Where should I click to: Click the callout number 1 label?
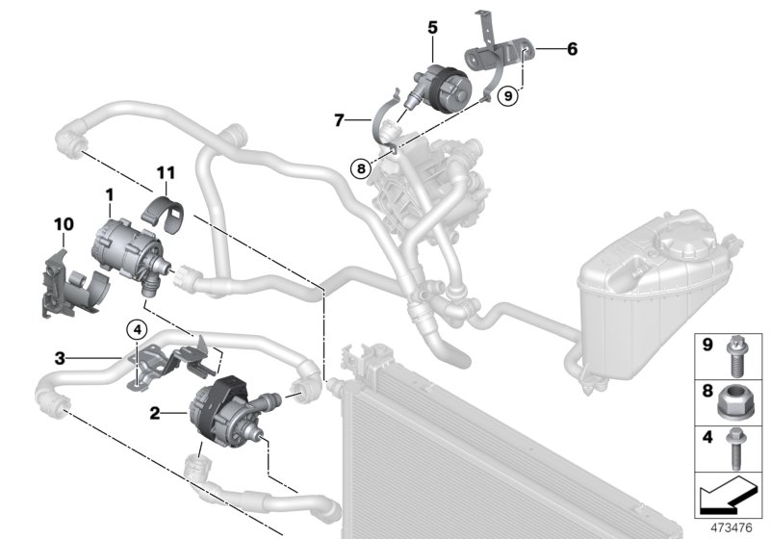point(110,195)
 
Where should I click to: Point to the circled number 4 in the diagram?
point(139,329)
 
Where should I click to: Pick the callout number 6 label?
point(572,47)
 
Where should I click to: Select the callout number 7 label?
point(339,120)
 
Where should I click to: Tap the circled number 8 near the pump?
point(360,167)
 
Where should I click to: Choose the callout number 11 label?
point(167,172)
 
